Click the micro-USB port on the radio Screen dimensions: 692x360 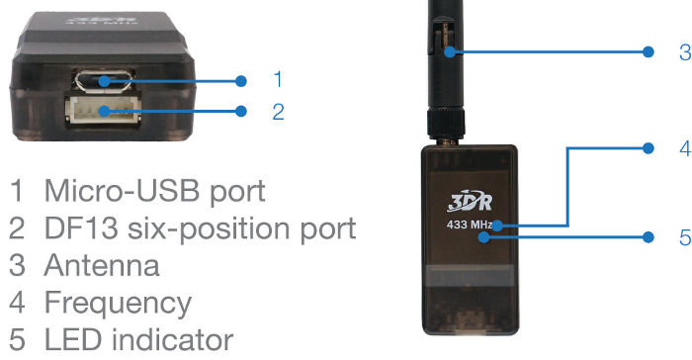click(104, 81)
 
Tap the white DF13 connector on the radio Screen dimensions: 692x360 click(103, 109)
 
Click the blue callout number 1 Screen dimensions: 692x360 click(278, 79)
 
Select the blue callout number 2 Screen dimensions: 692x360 click(278, 112)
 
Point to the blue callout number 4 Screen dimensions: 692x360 click(685, 148)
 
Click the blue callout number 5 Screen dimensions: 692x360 click(685, 237)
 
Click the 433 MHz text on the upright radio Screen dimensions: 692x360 click(470, 225)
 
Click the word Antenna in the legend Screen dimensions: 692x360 click(102, 265)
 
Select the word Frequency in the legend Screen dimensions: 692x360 click(118, 304)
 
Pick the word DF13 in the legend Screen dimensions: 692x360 click(81, 228)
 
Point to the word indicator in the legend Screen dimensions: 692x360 click(172, 339)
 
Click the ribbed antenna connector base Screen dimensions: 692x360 click(446, 125)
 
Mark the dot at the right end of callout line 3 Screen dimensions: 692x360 click(648, 51)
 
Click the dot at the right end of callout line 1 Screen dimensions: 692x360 click(241, 81)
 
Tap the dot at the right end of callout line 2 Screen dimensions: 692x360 click(241, 111)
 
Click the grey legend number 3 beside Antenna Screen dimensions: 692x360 click(17, 265)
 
